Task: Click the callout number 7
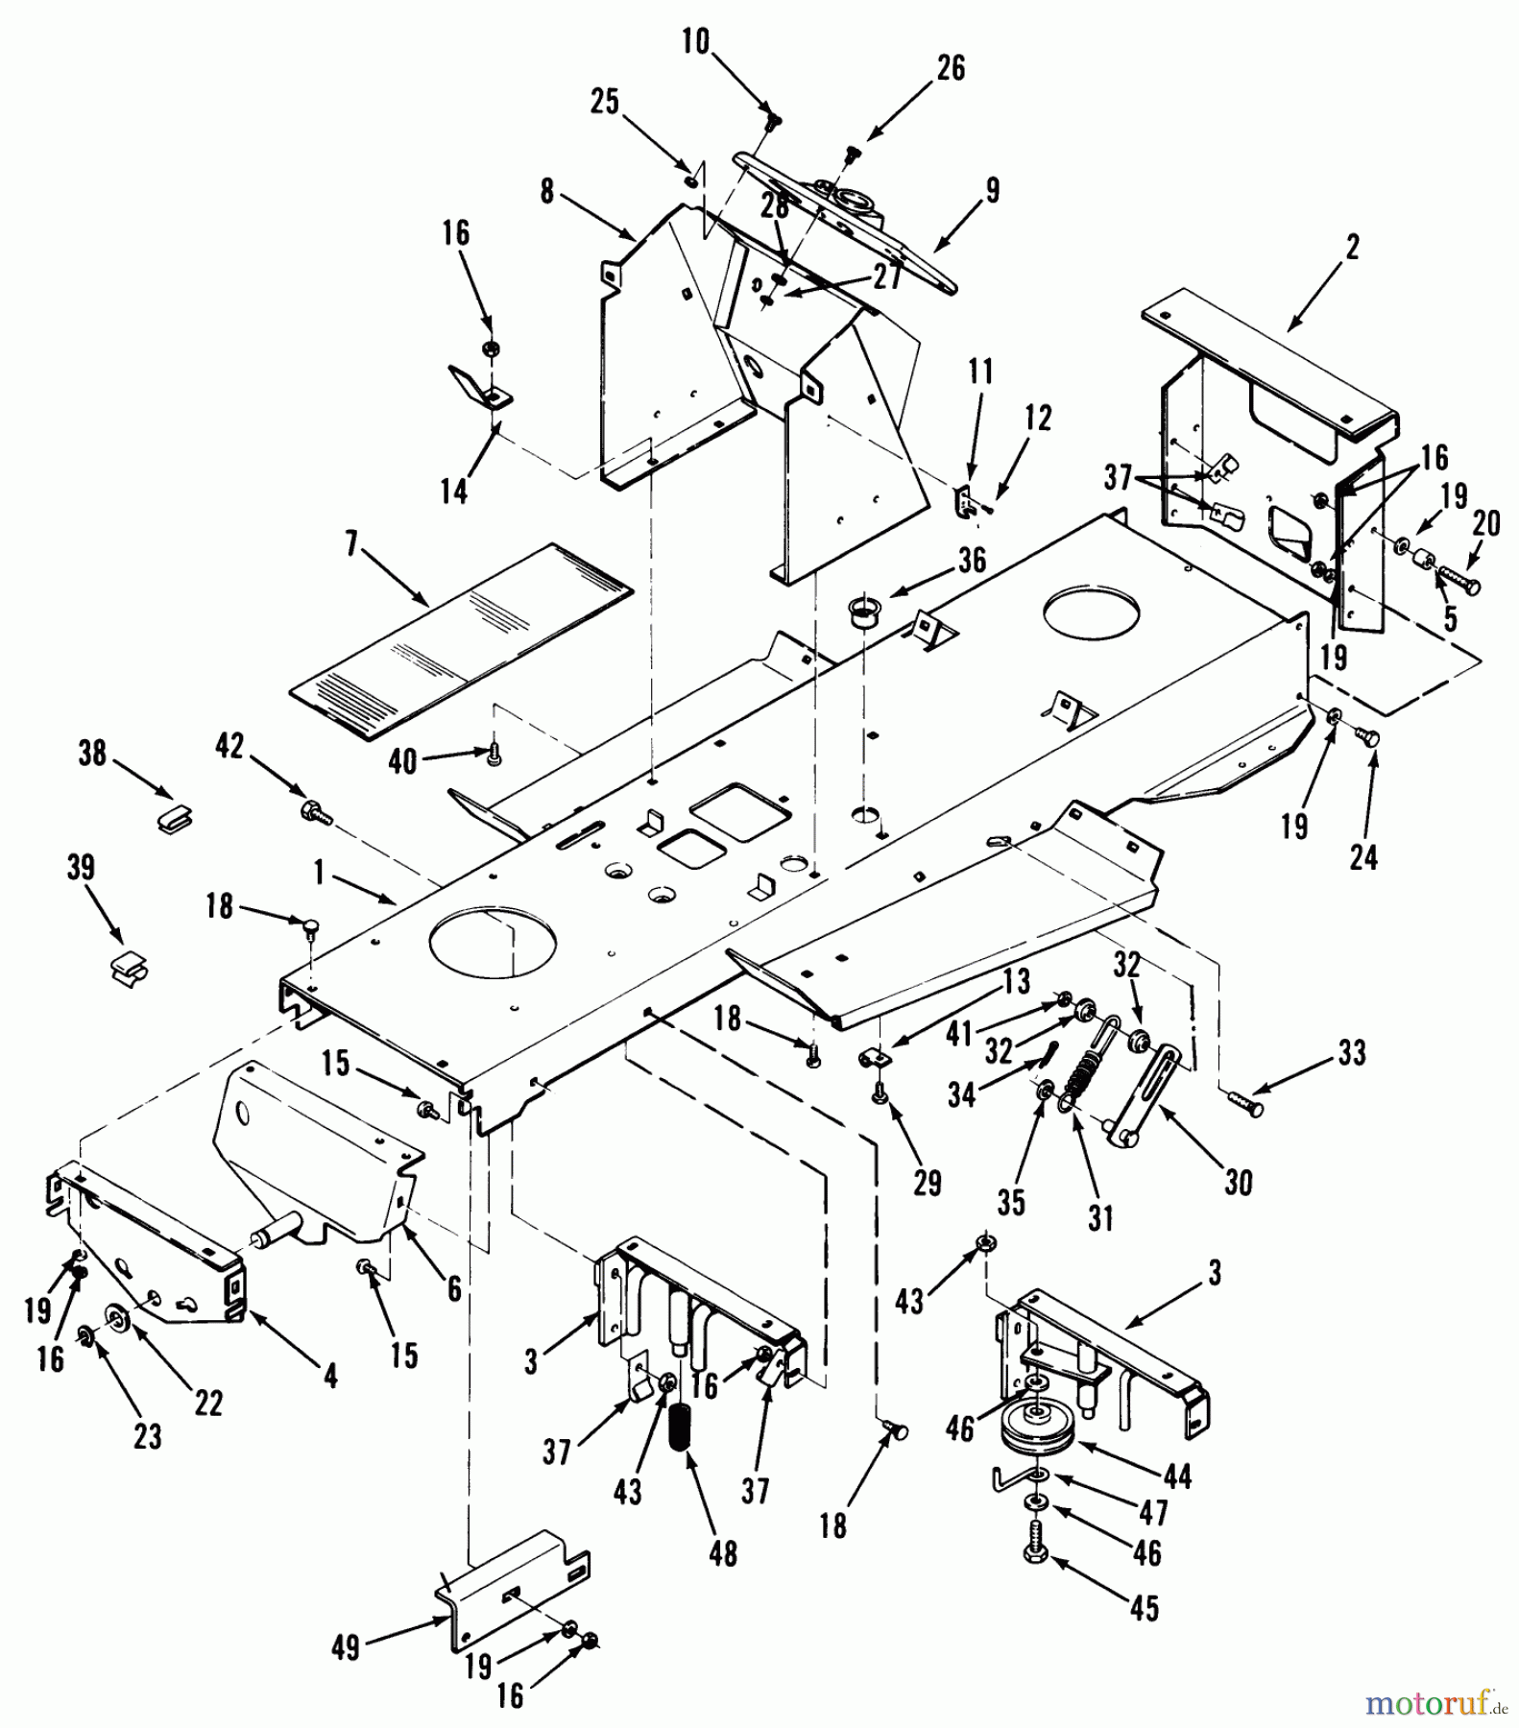pos(351,545)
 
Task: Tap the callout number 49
pos(346,1648)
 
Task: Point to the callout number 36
pos(972,561)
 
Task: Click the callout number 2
pos(1352,248)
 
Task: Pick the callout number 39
pos(82,868)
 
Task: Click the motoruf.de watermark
pos(1435,1702)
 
